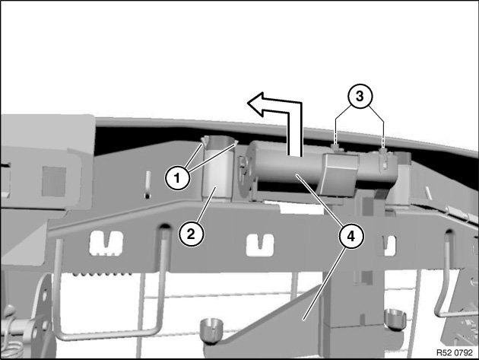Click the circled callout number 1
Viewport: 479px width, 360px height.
click(177, 177)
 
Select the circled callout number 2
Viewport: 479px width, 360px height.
click(191, 234)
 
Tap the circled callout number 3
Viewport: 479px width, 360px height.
click(360, 96)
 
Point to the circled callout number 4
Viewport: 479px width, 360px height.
click(351, 237)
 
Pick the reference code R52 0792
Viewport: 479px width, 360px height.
click(454, 352)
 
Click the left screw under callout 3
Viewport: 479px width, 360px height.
click(336, 148)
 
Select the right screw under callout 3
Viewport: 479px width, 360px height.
click(383, 151)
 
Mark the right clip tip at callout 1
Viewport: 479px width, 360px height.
click(236, 142)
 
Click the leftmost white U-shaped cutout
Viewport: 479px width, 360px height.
click(106, 243)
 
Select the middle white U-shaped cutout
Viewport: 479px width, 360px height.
click(260, 244)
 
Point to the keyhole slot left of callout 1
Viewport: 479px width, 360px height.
click(148, 184)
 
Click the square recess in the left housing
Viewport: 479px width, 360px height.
click(54, 182)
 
